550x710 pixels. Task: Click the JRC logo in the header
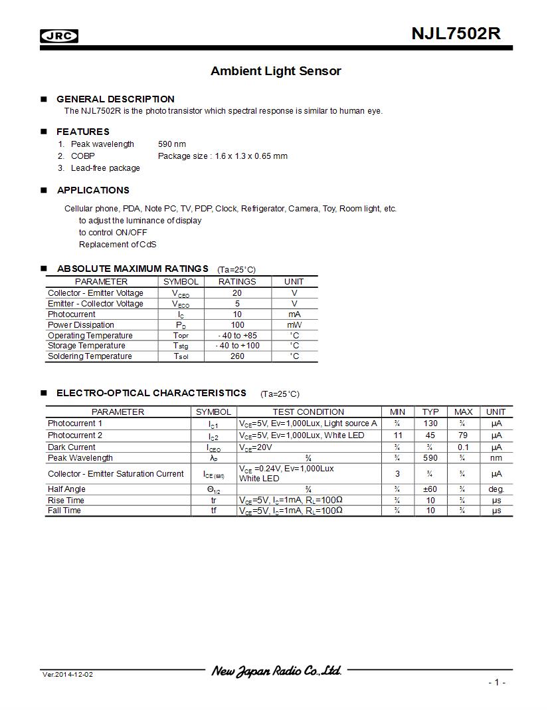[x=59, y=37]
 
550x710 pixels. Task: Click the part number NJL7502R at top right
[x=456, y=34]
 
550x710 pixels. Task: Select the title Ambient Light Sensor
[x=276, y=71]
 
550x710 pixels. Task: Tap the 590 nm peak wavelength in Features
[x=172, y=144]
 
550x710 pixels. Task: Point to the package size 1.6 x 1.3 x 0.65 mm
[x=223, y=156]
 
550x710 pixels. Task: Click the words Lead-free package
[x=106, y=168]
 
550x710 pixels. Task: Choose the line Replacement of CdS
[x=118, y=245]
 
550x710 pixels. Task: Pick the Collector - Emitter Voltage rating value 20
[x=237, y=293]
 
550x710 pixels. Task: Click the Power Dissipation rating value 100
[x=237, y=325]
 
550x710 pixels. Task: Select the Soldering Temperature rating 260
[x=237, y=356]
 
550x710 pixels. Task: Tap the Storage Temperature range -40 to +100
[x=237, y=346]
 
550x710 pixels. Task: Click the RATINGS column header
[x=237, y=282]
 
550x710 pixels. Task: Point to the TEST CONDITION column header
[x=308, y=412]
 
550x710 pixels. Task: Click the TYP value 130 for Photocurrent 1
[x=430, y=423]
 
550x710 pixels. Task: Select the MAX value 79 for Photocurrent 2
[x=463, y=435]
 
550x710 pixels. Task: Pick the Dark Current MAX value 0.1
[x=463, y=447]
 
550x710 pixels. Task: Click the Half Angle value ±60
[x=430, y=489]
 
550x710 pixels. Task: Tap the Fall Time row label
[x=64, y=511]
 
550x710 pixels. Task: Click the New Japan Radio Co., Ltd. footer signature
[x=276, y=671]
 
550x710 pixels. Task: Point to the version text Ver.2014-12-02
[x=68, y=675]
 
